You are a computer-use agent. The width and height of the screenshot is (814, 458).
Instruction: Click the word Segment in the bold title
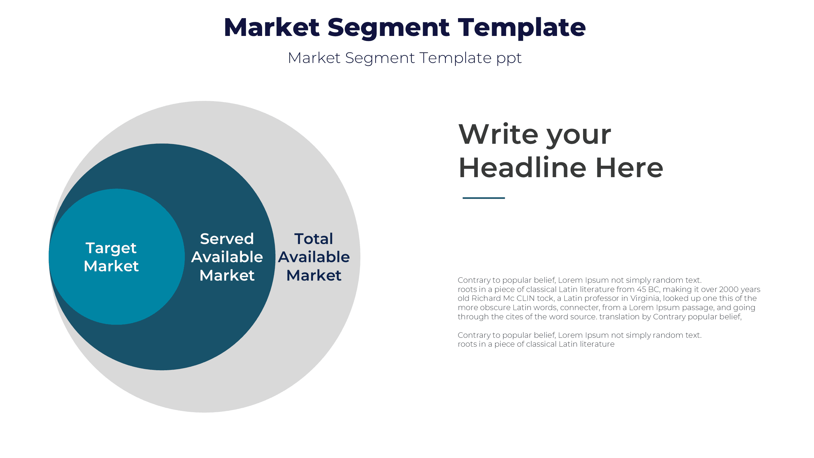point(388,28)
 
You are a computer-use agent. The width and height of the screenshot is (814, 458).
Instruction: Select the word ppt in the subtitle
point(509,59)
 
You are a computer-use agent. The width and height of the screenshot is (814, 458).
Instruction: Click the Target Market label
point(111,257)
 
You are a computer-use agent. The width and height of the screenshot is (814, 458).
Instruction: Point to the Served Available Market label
point(227,257)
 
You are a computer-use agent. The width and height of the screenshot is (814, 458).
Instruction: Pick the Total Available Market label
point(314,257)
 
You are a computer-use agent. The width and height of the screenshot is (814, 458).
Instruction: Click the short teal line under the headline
point(484,198)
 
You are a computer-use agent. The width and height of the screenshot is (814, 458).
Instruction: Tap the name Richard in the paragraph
point(486,298)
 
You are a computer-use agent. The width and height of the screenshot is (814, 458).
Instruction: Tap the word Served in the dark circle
point(227,239)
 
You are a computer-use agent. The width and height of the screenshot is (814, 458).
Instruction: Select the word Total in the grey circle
point(314,239)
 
